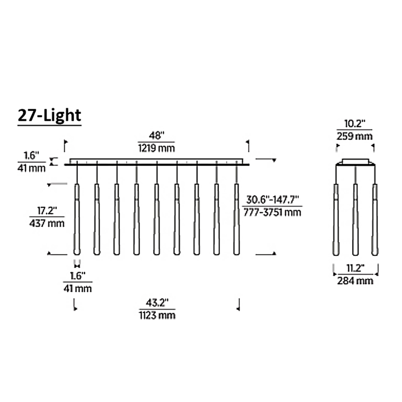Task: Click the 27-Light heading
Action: coord(49,116)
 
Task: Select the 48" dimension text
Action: coord(156,135)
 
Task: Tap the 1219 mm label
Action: coord(156,148)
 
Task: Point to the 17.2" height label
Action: coord(47,211)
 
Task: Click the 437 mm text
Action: coord(47,223)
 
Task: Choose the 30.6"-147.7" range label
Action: coord(272,199)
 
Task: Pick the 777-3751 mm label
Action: coord(272,212)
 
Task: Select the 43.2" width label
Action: coord(157,303)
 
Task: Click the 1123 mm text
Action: coord(157,315)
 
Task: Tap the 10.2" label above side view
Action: coord(354,124)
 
